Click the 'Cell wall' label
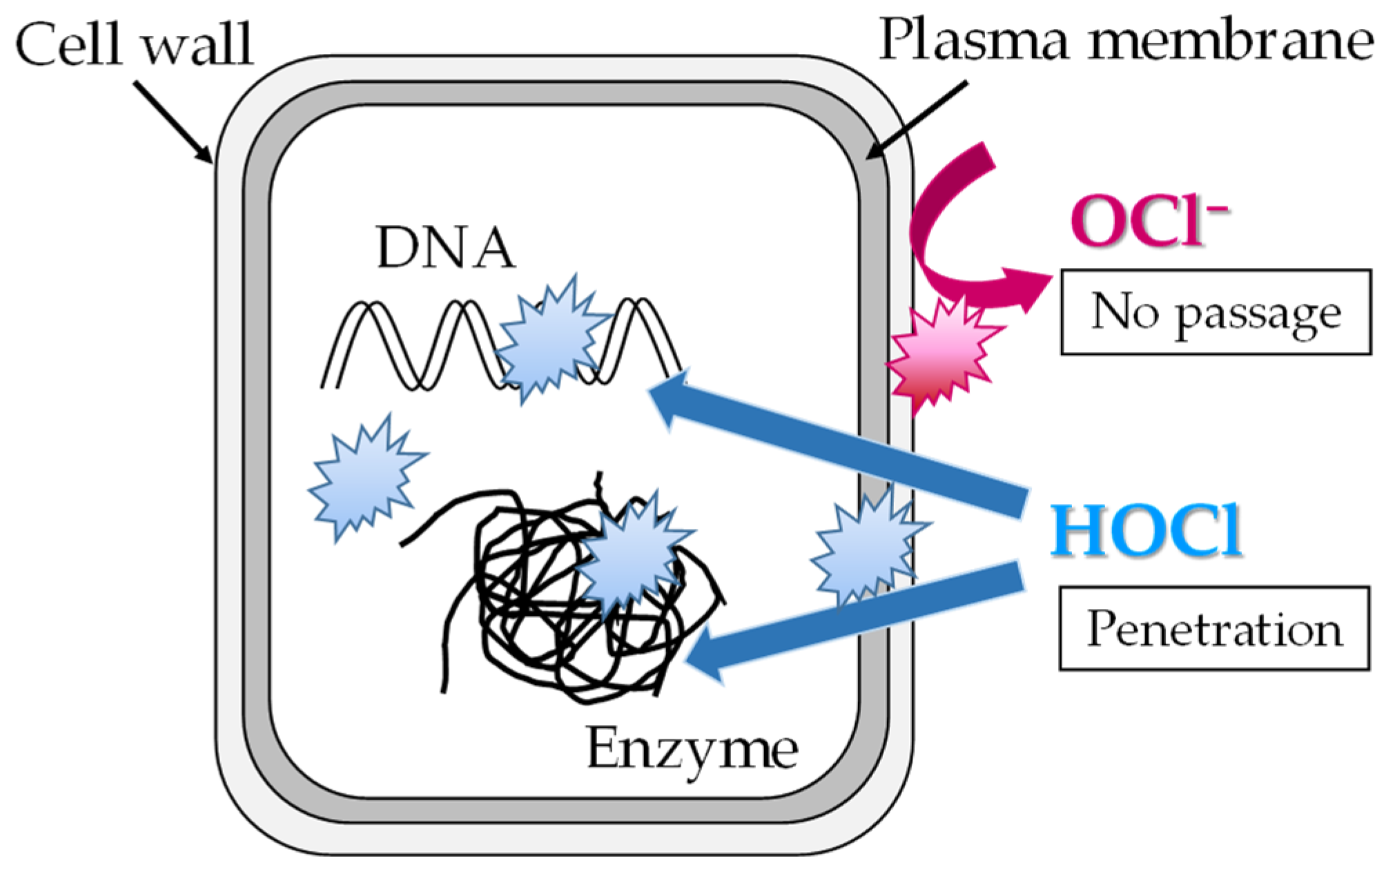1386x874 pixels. tap(134, 44)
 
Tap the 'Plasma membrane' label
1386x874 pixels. tap(1125, 40)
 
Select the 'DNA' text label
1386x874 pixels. tap(445, 248)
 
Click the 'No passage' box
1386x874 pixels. tap(1216, 312)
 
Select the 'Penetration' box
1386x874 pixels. tap(1214, 628)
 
